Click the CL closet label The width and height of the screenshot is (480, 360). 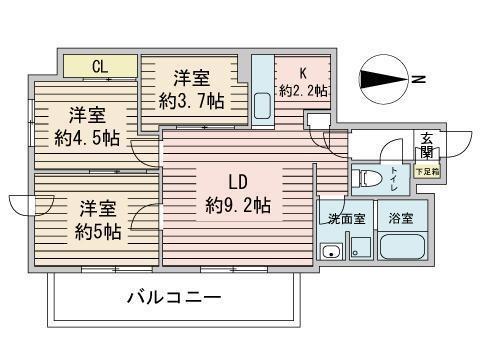(100, 66)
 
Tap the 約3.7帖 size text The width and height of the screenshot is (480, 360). (191, 100)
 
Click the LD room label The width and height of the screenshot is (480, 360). (237, 183)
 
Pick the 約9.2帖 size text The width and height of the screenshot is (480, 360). (238, 206)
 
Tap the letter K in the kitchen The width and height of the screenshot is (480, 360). (303, 72)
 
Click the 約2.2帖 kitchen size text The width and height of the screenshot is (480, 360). (303, 91)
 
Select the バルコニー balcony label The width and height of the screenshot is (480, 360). (173, 297)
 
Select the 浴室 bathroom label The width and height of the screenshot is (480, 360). (401, 217)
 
